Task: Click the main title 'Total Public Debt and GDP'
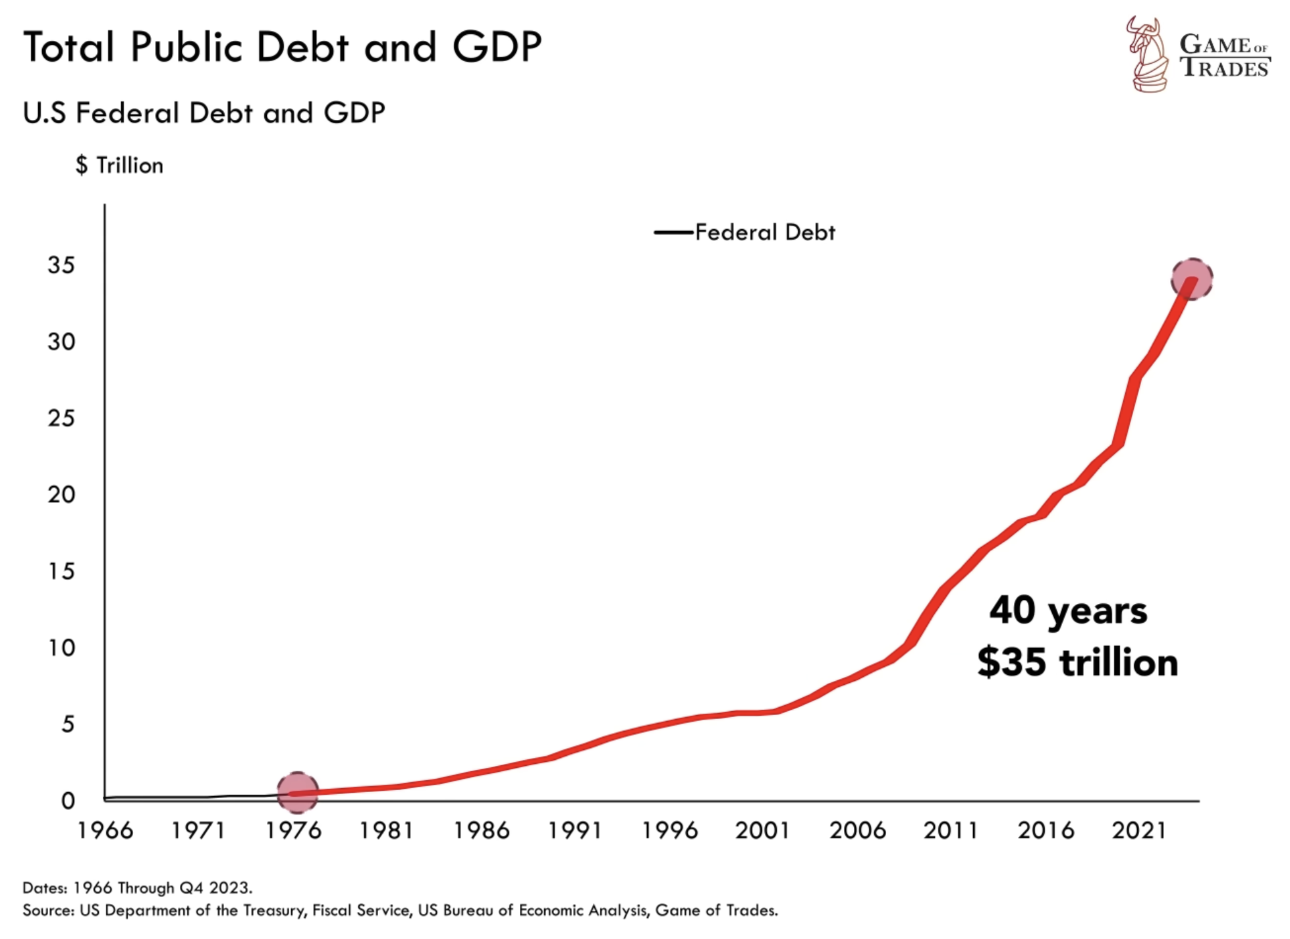point(282,47)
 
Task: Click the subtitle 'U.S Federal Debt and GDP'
point(204,113)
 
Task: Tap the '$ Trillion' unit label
point(119,165)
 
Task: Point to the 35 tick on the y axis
point(61,265)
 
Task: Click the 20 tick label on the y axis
point(61,495)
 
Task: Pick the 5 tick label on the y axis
point(68,724)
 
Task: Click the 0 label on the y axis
point(68,801)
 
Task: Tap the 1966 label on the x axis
point(105,831)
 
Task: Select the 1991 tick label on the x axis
point(575,831)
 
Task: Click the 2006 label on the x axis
point(857,831)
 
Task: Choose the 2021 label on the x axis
point(1139,831)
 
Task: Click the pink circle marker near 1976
point(297,792)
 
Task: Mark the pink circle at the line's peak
point(1191,279)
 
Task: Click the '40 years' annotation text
point(1068,610)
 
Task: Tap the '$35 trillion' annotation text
point(1077,662)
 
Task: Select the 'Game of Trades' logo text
point(1224,56)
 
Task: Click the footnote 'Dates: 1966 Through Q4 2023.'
point(137,888)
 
